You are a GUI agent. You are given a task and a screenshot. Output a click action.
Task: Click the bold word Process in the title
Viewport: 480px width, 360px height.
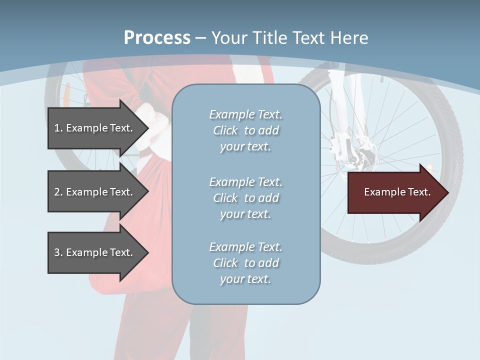pos(157,38)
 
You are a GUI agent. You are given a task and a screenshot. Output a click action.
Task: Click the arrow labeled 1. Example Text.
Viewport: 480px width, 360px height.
pos(95,128)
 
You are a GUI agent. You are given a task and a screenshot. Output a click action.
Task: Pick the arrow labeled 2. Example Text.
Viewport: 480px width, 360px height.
pos(95,192)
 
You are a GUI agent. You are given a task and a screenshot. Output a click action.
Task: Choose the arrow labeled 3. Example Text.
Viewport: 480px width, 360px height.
pos(95,252)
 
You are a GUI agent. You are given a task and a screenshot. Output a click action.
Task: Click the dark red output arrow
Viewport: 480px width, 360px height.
pos(395,192)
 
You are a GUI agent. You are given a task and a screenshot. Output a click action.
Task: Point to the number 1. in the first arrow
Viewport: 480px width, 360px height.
pos(58,128)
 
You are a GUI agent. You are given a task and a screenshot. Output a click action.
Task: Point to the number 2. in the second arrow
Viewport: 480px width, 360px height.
pos(58,192)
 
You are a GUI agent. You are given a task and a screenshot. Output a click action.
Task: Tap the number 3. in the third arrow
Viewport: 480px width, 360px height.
pos(58,252)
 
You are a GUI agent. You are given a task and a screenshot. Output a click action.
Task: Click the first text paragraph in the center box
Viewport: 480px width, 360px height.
pos(246,130)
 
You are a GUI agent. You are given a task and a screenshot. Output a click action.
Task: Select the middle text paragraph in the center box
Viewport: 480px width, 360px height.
pos(246,198)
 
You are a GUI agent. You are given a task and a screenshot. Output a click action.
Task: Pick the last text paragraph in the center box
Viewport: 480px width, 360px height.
pos(246,263)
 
